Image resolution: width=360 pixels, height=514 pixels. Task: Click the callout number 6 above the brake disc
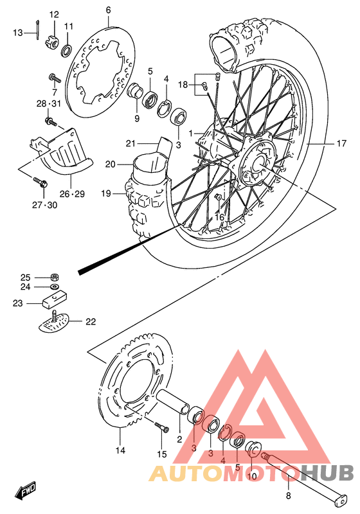(108, 10)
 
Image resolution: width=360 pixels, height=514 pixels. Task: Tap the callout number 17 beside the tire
(341, 144)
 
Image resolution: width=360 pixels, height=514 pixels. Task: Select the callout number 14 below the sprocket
(120, 450)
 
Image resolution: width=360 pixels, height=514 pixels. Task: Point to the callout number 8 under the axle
(288, 495)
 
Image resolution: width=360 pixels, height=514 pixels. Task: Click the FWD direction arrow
(27, 492)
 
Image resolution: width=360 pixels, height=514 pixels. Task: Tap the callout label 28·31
(48, 103)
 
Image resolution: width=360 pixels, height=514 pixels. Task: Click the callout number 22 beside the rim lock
(90, 322)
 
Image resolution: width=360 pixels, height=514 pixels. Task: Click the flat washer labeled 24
(56, 287)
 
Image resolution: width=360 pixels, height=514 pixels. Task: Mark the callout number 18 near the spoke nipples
(183, 85)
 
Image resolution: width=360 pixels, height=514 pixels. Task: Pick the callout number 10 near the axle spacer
(252, 476)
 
